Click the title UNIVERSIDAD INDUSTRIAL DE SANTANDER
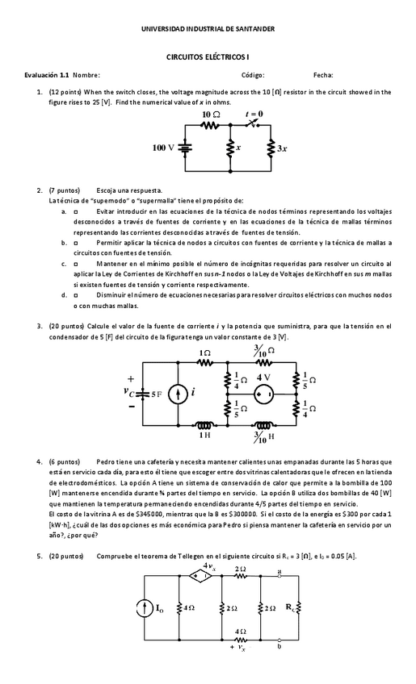click(x=208, y=29)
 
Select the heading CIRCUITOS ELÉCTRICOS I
click(x=208, y=59)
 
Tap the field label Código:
click(x=253, y=75)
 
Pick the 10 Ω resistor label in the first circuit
click(x=210, y=116)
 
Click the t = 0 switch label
click(x=254, y=115)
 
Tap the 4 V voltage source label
click(x=263, y=377)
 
